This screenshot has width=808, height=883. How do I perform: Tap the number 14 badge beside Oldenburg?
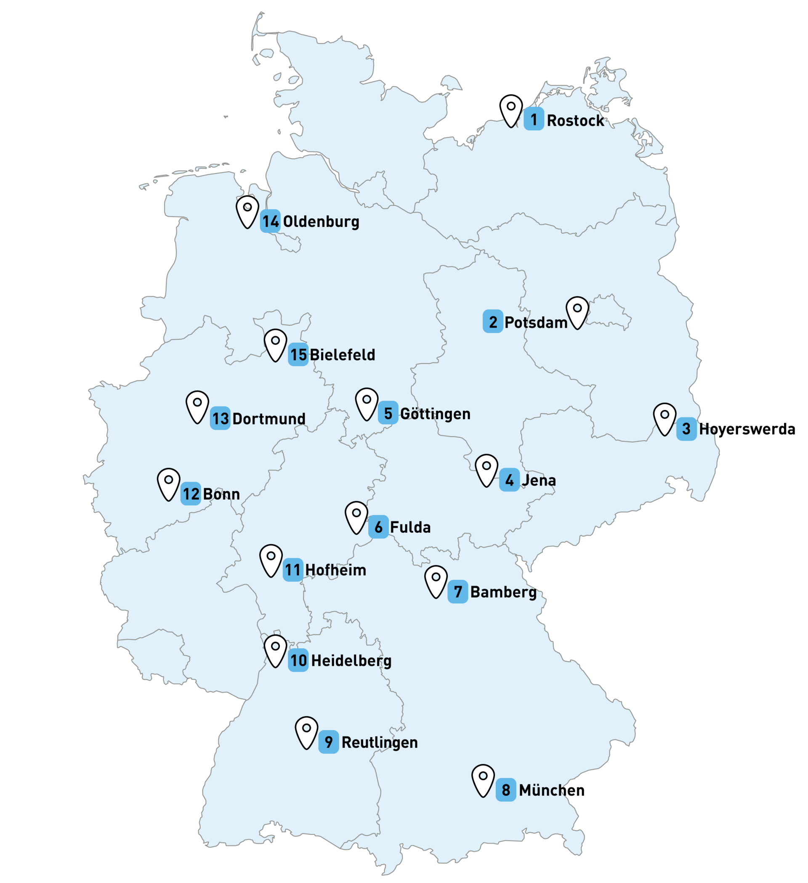(270, 221)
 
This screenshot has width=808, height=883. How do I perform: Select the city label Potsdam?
(536, 323)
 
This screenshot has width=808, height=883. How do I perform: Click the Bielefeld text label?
(342, 355)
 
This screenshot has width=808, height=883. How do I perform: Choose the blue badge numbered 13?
(220, 418)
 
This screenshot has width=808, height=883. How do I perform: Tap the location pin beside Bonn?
(169, 483)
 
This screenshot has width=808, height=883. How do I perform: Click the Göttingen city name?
(435, 413)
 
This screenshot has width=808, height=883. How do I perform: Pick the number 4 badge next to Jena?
(509, 480)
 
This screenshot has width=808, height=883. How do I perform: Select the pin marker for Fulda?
(356, 516)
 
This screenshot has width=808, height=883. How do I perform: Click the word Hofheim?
(335, 570)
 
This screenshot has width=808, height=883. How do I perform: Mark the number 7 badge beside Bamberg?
(457, 592)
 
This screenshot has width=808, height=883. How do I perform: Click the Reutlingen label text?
(379, 742)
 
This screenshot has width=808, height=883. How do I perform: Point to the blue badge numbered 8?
(506, 790)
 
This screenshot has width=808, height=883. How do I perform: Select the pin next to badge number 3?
(665, 418)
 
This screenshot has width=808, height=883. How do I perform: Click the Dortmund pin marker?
(197, 406)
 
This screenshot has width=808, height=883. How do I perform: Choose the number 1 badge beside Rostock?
(534, 119)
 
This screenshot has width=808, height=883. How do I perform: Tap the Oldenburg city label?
(321, 222)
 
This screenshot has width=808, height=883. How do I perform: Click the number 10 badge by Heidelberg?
(298, 660)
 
